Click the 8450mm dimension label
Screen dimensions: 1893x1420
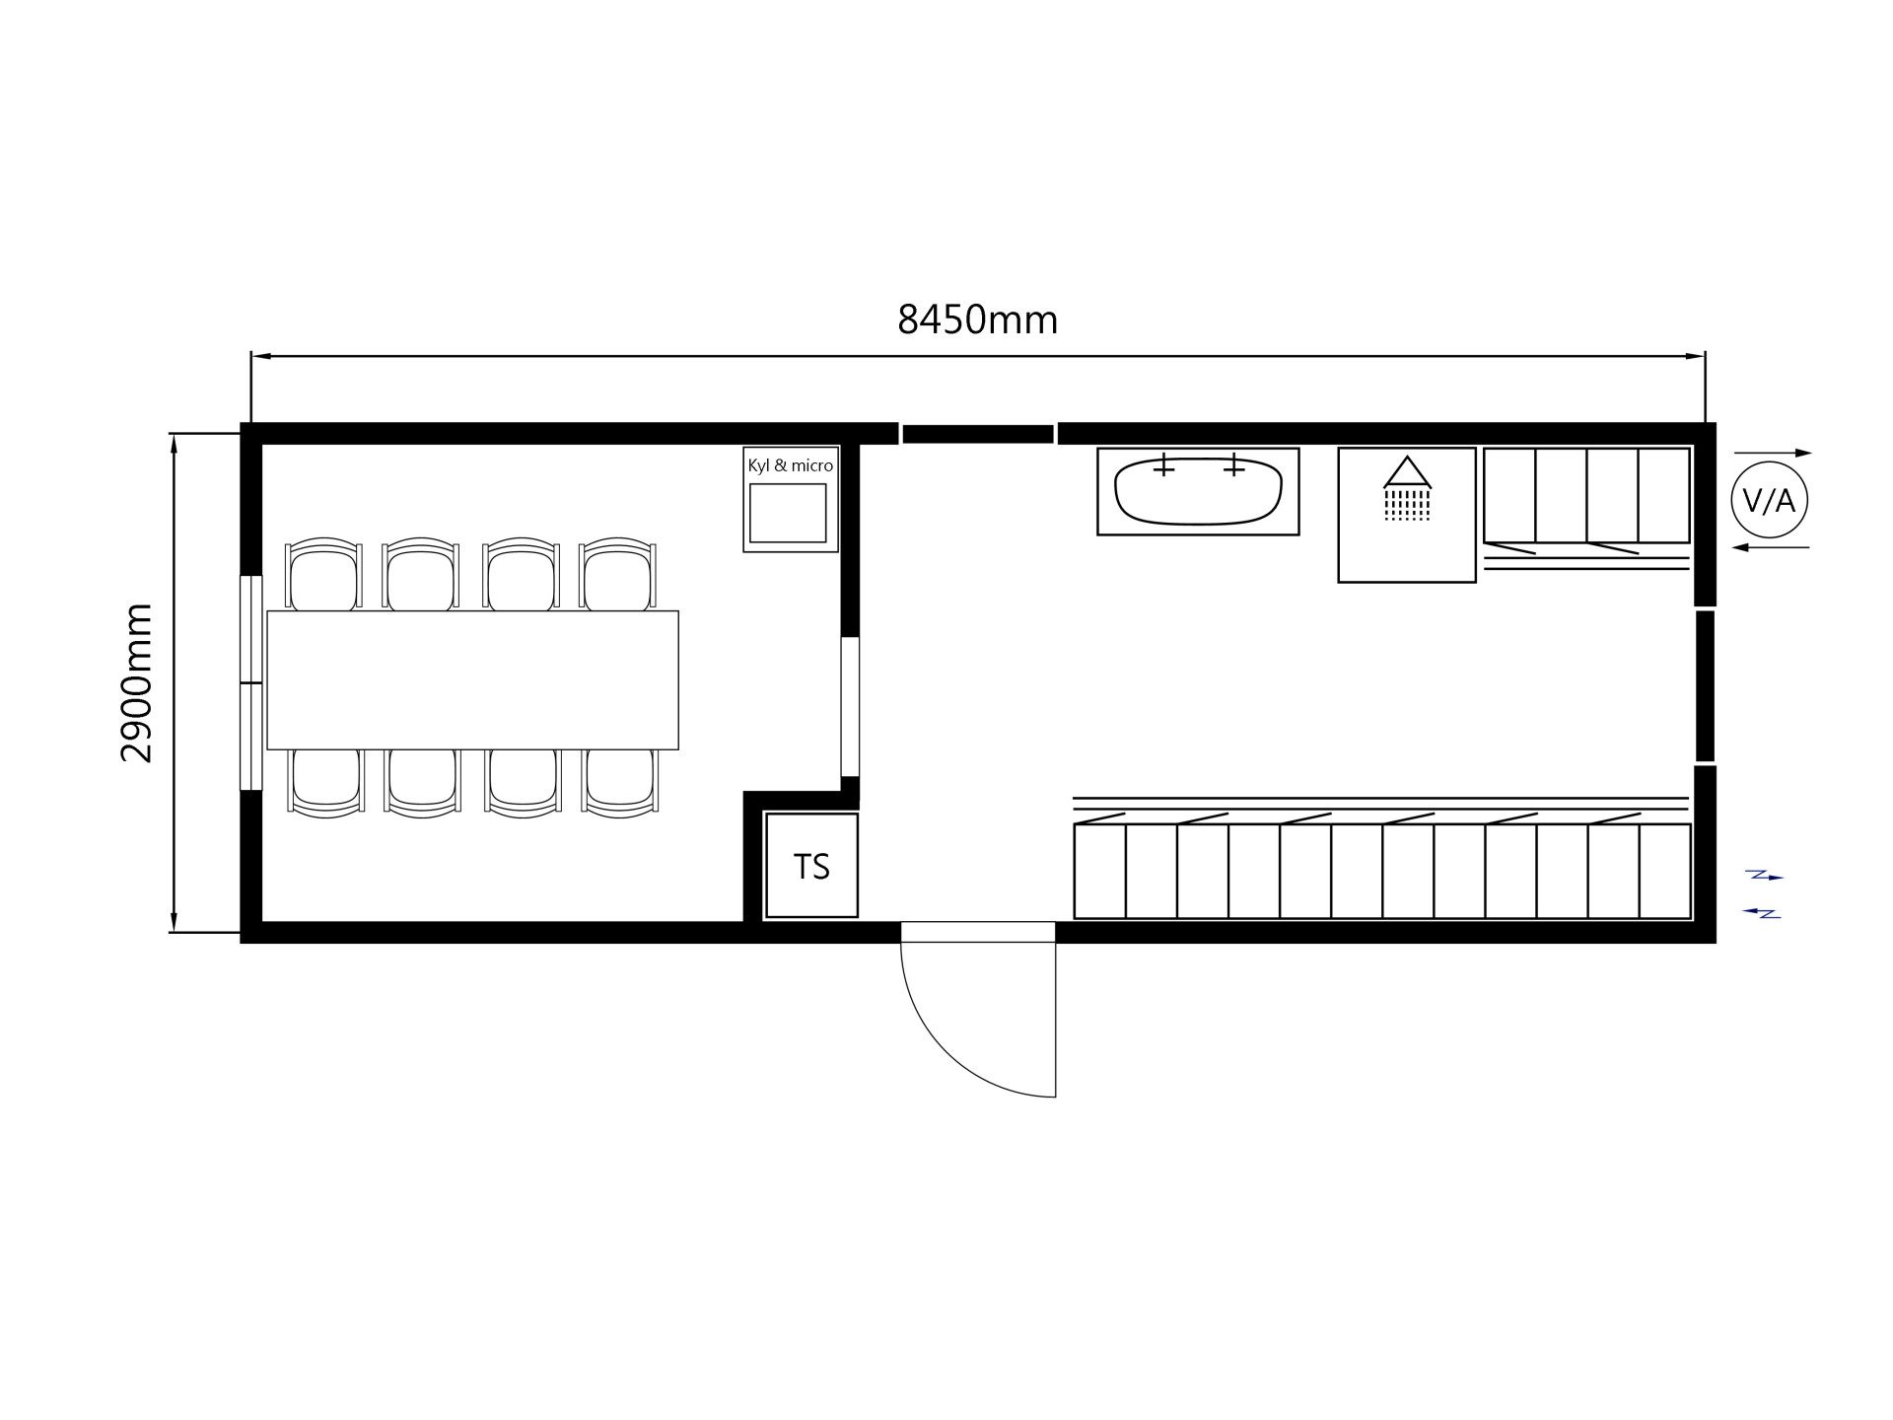(977, 320)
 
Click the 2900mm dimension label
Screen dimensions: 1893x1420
(137, 682)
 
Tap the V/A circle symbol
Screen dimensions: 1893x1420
(1770, 501)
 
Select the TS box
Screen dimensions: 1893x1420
(811, 866)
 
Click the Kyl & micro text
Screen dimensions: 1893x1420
(791, 465)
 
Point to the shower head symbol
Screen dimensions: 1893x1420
(1407, 487)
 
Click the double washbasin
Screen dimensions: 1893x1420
(1198, 492)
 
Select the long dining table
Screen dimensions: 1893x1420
(472, 680)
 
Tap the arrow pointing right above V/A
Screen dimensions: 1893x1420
(1773, 453)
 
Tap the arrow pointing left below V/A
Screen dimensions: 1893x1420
(1771, 547)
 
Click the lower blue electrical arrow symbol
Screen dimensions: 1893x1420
(1762, 913)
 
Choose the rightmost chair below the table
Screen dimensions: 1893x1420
(619, 783)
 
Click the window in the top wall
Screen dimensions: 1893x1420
(978, 434)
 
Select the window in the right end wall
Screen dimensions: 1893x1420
(1705, 686)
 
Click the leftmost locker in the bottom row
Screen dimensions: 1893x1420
(1099, 872)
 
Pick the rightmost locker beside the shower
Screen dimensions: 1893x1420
(1664, 495)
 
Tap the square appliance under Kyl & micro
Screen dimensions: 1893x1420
(788, 513)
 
